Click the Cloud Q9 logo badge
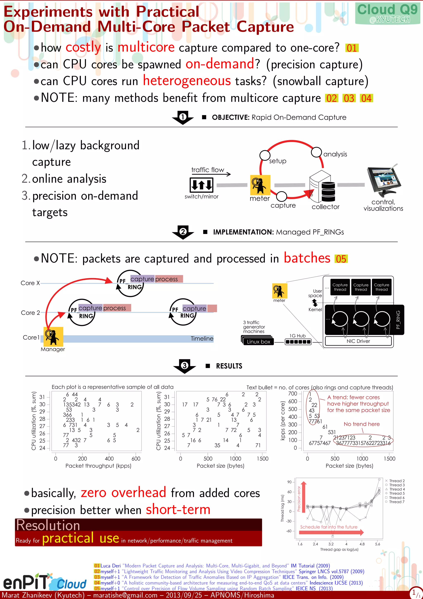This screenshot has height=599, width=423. (x=387, y=13)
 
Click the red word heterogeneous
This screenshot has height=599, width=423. (x=187, y=81)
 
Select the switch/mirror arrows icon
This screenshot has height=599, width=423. (x=201, y=185)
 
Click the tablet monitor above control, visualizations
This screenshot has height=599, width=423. (x=383, y=181)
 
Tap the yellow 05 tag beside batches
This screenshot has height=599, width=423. (x=341, y=259)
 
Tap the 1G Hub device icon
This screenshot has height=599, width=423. (x=298, y=342)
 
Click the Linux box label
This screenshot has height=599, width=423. (x=258, y=342)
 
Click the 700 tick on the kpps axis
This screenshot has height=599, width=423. (x=292, y=393)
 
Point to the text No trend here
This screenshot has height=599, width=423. (x=361, y=424)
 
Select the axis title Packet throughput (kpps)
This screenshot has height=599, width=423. (x=98, y=466)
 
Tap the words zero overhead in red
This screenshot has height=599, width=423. (x=123, y=493)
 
